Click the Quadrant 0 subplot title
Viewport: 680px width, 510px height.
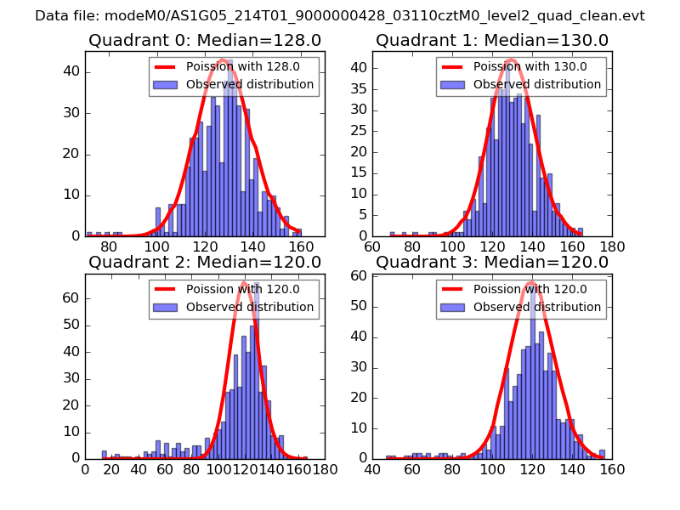click(205, 40)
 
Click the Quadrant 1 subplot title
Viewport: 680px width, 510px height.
click(492, 40)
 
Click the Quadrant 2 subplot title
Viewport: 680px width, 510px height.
click(205, 262)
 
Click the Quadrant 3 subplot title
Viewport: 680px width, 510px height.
click(492, 262)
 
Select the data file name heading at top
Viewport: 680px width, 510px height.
click(340, 15)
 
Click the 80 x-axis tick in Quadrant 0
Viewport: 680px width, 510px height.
click(109, 246)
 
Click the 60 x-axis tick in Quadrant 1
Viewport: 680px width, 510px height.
click(372, 246)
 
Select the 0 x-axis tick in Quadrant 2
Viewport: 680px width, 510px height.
click(85, 468)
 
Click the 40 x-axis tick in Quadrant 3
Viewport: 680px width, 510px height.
click(372, 468)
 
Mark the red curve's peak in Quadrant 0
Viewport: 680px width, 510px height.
click(221, 59)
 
